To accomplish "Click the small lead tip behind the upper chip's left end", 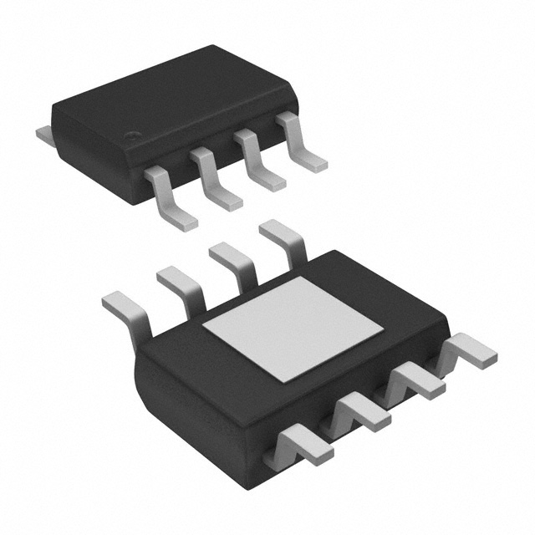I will click(43, 132).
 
